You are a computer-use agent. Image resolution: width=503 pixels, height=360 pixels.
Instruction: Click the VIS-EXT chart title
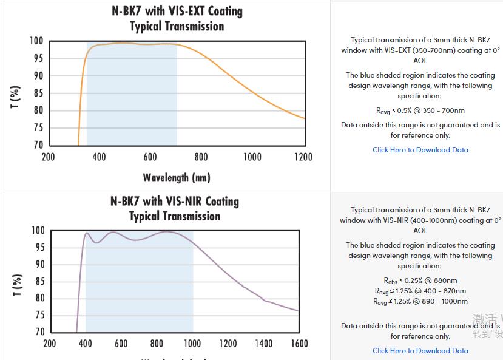click(x=177, y=19)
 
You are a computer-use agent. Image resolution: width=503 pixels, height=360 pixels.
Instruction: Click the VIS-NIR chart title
click(x=175, y=208)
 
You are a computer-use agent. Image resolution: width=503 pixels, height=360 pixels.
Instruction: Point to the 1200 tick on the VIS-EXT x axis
click(x=303, y=157)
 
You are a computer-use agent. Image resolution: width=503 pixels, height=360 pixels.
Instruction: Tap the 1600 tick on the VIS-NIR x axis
click(x=299, y=344)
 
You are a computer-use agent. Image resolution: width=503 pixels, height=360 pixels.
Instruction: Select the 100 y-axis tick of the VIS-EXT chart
click(x=36, y=41)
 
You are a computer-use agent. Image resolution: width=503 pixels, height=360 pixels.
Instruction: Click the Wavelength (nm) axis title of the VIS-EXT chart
click(x=177, y=177)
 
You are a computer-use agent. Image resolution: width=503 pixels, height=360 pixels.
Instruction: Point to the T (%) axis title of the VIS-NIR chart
click(x=18, y=285)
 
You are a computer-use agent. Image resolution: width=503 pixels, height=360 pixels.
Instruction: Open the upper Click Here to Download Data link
click(x=420, y=150)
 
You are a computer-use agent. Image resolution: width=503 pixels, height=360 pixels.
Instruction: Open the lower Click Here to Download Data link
click(x=420, y=350)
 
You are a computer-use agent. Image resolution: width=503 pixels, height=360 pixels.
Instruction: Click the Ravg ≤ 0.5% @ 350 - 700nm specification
click(x=420, y=110)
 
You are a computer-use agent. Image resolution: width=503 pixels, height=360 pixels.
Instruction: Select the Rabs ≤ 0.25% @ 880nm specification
click(x=420, y=280)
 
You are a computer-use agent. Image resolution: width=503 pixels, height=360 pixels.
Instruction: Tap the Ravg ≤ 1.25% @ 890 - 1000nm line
click(x=420, y=301)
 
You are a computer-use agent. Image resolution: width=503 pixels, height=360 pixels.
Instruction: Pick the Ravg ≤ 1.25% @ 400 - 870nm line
click(x=420, y=291)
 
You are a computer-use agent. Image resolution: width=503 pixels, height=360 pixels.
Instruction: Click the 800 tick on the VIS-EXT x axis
click(x=201, y=157)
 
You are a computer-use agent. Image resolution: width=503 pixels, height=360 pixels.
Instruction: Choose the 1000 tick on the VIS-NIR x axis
click(x=192, y=344)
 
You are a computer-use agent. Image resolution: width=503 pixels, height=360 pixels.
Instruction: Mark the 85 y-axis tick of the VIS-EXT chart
click(x=38, y=93)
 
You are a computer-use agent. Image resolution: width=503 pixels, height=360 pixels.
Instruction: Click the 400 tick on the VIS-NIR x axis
click(x=86, y=344)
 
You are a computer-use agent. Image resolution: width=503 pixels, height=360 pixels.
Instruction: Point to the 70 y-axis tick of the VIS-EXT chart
click(x=38, y=145)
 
